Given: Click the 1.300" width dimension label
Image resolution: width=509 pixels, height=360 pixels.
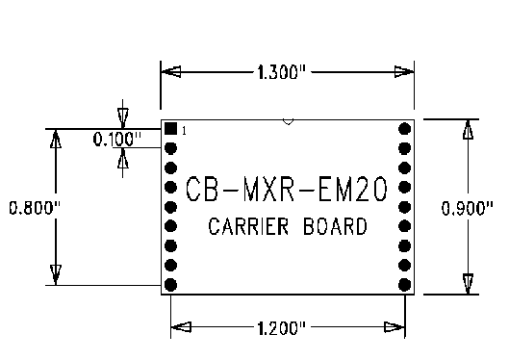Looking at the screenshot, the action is (x=282, y=72).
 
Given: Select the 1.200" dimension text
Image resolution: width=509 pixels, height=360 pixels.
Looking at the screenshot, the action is (x=282, y=328).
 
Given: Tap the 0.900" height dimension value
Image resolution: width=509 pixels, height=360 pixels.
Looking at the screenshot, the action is (x=468, y=208).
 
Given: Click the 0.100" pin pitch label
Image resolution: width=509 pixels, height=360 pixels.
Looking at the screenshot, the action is (x=117, y=140).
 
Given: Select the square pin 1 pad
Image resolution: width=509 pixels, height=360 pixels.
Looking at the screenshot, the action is (x=170, y=129).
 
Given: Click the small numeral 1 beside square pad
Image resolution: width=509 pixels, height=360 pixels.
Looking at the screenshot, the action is (x=185, y=131).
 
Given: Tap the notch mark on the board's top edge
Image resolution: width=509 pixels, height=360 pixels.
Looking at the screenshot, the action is (x=288, y=122).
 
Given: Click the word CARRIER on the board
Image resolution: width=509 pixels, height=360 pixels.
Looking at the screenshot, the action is (x=248, y=226).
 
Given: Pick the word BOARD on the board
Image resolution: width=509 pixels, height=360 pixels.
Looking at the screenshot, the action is (x=336, y=226).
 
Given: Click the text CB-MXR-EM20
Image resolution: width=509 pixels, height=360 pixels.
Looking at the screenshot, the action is (x=287, y=189).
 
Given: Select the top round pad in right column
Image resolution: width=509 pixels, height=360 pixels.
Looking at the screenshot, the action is (x=404, y=129).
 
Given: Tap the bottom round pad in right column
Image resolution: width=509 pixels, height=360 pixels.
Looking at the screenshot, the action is (x=404, y=285).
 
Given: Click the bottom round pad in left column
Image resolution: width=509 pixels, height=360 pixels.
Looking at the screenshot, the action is (x=170, y=285).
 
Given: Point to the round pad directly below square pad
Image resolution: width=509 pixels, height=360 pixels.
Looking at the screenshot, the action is (x=170, y=148).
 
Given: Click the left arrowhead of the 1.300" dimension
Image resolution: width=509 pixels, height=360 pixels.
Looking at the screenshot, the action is (x=171, y=72).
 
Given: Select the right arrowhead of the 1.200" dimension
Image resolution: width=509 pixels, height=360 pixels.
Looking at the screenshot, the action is (x=394, y=327).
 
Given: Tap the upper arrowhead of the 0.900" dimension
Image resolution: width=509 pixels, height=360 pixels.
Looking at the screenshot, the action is (x=468, y=129).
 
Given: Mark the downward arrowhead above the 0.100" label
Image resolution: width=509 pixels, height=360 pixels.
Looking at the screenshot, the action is (x=123, y=118).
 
